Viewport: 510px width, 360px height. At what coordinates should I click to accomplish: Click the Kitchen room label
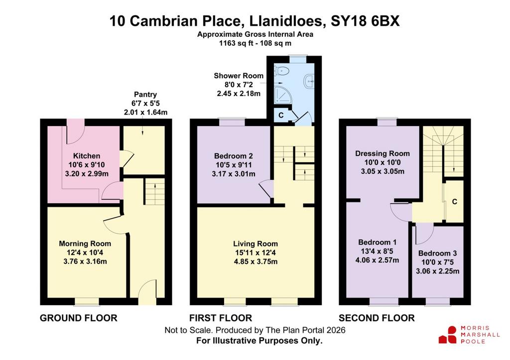coord(87,156)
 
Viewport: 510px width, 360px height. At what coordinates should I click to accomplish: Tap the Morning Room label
coord(85,243)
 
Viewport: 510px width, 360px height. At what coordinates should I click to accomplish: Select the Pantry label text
coord(145,94)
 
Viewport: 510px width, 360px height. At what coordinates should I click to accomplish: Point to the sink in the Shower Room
coord(309,80)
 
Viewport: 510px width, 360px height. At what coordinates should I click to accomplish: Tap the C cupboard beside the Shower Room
coord(281,115)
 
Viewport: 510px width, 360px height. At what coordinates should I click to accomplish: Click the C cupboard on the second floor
coord(454,202)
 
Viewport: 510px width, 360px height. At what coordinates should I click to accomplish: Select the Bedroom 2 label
coord(234,156)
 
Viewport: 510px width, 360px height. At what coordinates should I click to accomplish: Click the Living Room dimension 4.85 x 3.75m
coord(255,261)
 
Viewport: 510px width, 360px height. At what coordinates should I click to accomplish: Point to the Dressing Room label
coord(382,153)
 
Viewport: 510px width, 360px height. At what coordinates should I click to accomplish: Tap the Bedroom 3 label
coord(437,253)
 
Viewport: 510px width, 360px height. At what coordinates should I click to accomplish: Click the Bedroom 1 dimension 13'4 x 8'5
coord(378,251)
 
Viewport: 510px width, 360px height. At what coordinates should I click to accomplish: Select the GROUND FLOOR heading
coord(78,318)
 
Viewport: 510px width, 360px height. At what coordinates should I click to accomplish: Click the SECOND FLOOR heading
coord(377,318)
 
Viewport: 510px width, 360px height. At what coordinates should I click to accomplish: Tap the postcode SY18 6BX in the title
coord(365,21)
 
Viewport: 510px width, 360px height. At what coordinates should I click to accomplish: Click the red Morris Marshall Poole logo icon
coord(448,335)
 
